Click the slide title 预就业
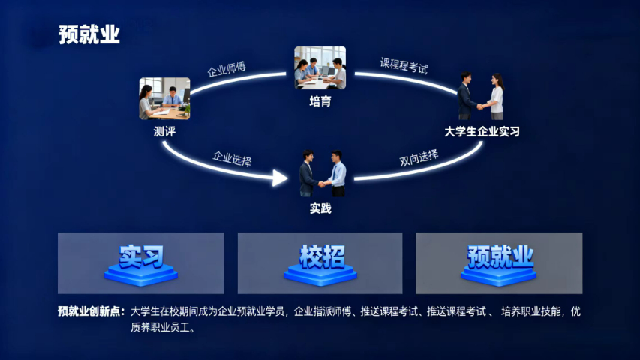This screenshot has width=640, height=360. [x=89, y=34]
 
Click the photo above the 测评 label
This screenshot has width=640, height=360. [x=164, y=98]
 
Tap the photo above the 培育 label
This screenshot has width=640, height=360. [x=320, y=68]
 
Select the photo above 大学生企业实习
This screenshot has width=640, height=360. [x=481, y=96]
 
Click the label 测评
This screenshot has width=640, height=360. [x=164, y=132]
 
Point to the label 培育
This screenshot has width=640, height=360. [x=320, y=101]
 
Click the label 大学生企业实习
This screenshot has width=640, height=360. [x=482, y=132]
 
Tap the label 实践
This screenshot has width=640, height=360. [x=320, y=208]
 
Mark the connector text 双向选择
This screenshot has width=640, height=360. [x=419, y=159]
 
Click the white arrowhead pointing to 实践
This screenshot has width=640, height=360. [x=280, y=178]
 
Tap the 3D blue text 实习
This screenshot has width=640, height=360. [x=141, y=256]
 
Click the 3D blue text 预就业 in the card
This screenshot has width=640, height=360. [x=500, y=256]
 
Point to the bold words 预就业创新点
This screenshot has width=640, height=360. [x=91, y=311]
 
